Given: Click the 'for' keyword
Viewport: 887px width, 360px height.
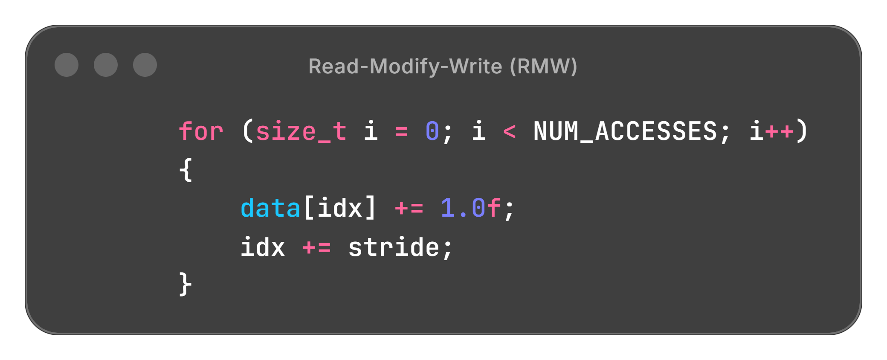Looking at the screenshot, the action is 201,131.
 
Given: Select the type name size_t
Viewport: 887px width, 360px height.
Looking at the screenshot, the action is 301,131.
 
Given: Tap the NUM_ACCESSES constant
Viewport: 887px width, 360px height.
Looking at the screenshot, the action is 625,131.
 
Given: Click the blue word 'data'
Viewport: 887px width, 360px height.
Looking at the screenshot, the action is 270,209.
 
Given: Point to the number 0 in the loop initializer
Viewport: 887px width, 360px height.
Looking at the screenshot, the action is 432,131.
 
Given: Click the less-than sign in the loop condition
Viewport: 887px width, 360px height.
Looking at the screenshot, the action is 509,131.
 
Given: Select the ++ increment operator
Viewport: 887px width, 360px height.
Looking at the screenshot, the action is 780,131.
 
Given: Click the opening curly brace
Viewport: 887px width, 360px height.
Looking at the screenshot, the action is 186,170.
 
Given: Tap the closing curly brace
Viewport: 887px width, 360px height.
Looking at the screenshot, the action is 185,284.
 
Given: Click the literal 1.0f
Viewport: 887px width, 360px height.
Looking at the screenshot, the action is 470,209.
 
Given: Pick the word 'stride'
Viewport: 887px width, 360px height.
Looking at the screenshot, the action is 394,248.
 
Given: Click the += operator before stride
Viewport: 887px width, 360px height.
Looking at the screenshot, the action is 316,248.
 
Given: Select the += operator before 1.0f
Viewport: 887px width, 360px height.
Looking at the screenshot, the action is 409,209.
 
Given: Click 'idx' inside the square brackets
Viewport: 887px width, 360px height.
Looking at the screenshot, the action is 339,209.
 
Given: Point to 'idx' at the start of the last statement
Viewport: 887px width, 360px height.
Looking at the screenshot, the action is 263,248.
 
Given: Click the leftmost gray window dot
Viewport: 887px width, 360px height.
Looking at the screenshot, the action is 67,65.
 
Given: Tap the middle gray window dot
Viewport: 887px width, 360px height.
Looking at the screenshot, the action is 106,65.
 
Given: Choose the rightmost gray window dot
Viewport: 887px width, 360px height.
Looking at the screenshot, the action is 145,65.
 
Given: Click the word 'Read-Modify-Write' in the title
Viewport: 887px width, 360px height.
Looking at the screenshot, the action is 405,67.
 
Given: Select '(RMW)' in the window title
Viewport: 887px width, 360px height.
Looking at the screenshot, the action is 543,67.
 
